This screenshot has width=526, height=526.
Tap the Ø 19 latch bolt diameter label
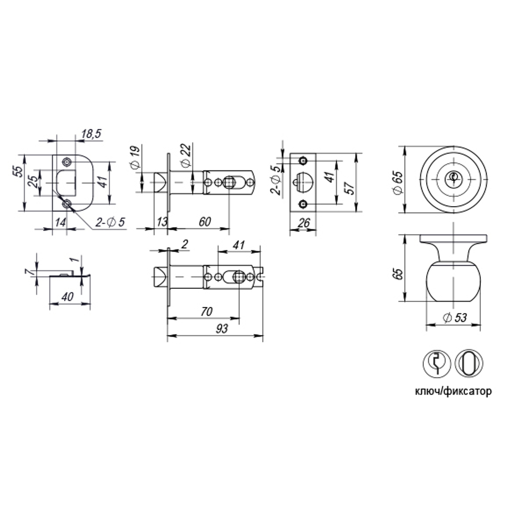coord(135,158)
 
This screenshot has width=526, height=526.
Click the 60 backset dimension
coord(205,221)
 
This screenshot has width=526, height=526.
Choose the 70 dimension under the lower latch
coord(206,312)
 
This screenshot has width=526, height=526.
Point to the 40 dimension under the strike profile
coord(67,297)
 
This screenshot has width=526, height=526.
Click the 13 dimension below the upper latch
coord(161,221)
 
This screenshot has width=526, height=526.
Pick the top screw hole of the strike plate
coord(67,161)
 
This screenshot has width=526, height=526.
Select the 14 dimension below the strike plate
coord(60,222)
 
